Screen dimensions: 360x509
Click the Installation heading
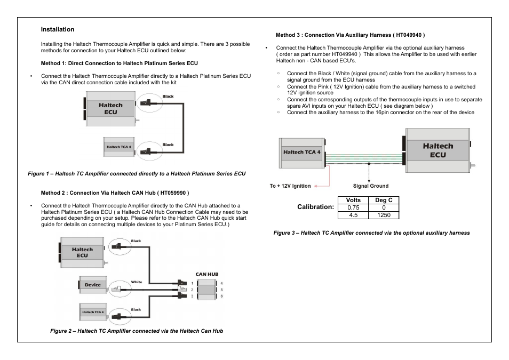click(x=58, y=29)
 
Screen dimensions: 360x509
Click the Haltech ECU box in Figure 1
click(x=110, y=109)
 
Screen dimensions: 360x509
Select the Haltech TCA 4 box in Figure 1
click(x=118, y=147)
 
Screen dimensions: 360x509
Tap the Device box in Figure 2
click(x=93, y=285)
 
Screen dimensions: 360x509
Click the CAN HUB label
click(x=207, y=274)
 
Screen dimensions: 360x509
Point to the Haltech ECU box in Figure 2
click(x=82, y=252)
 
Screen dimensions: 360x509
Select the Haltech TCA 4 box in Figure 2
click(x=93, y=312)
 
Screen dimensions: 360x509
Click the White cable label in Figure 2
click(x=137, y=282)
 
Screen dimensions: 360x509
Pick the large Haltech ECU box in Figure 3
click(x=438, y=150)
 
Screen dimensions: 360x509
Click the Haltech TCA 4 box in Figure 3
click(x=302, y=152)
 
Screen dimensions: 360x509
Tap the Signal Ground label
click(x=371, y=186)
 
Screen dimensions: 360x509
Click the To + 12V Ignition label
click(x=290, y=186)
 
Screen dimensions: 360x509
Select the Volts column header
click(x=353, y=201)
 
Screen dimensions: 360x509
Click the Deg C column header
click(x=384, y=201)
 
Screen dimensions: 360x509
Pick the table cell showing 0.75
click(x=353, y=208)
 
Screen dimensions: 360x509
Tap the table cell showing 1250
click(x=384, y=215)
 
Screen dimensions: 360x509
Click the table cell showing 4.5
click(x=353, y=215)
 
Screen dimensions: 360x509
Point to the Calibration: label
click(x=316, y=207)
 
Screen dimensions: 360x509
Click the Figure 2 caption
click(x=137, y=331)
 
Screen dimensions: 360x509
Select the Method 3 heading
click(x=349, y=35)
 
